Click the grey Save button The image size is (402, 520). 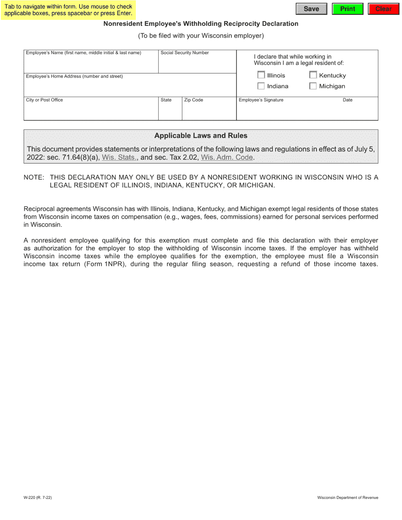pyautogui.click(x=311, y=9)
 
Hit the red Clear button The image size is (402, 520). pyautogui.click(x=383, y=9)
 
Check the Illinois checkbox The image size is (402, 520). pyautogui.click(x=261, y=76)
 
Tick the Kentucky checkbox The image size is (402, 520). pyautogui.click(x=313, y=76)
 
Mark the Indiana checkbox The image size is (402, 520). pyautogui.click(x=261, y=86)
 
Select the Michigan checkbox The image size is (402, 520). pyautogui.click(x=313, y=86)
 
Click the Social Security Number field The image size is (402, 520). pyautogui.click(x=197, y=64)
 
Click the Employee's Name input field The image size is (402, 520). pyautogui.click(x=91, y=64)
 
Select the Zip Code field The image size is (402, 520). pyautogui.click(x=209, y=111)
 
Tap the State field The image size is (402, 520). pyautogui.click(x=170, y=111)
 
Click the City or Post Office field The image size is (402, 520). pyautogui.click(x=91, y=111)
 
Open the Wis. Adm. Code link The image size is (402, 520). pyautogui.click(x=227, y=158)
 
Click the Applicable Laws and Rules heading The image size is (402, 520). pyautogui.click(x=201, y=136)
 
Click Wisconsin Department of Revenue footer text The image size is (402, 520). pyautogui.click(x=348, y=498)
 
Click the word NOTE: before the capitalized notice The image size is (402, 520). pyautogui.click(x=34, y=178)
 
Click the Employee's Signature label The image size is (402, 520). pyautogui.click(x=261, y=100)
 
